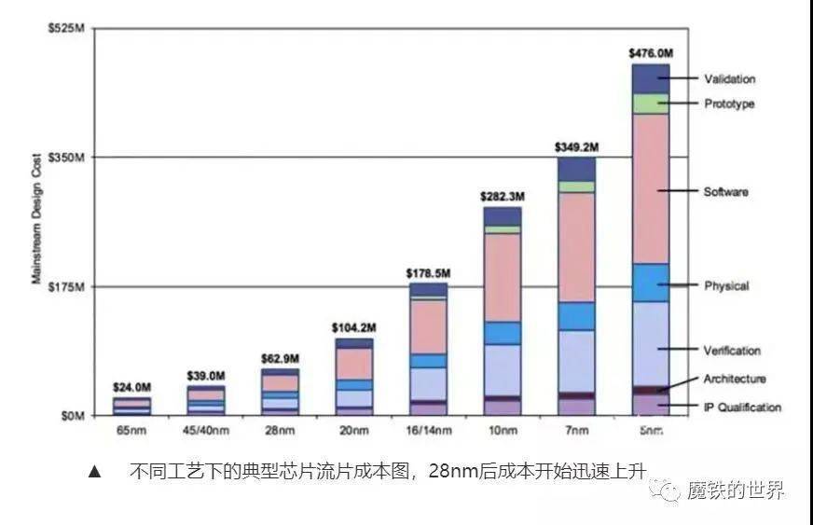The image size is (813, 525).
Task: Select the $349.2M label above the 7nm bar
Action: tap(577, 147)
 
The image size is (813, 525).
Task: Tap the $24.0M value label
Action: tap(132, 387)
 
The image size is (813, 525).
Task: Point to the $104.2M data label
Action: tap(354, 328)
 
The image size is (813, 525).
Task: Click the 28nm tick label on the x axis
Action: tap(281, 430)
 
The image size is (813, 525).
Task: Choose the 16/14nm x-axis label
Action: tap(429, 430)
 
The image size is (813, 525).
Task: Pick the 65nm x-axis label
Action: tap(132, 430)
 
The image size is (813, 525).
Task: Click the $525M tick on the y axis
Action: tap(67, 29)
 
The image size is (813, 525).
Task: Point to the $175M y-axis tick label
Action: tap(67, 286)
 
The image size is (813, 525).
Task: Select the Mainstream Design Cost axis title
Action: tap(38, 218)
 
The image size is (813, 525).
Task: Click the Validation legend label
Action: tap(729, 79)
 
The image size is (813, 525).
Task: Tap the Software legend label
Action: tap(725, 191)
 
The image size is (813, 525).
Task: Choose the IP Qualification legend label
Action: tap(742, 408)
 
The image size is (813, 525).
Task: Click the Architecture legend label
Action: tap(734, 379)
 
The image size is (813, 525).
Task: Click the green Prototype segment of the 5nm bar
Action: tap(651, 104)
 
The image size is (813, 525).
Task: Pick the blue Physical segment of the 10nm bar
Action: tap(503, 333)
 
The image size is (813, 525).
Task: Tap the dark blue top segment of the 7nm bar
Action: tap(577, 169)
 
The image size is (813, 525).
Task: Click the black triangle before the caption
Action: tap(93, 472)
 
